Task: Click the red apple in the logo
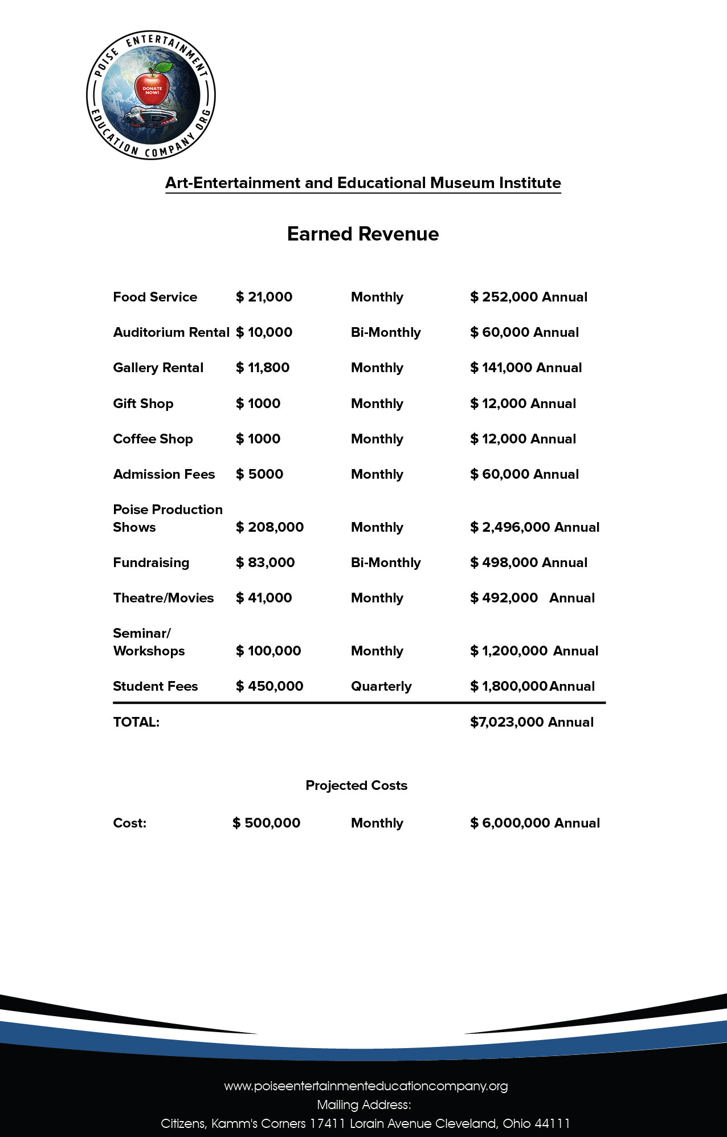[x=152, y=86]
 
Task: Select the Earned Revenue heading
[x=363, y=234]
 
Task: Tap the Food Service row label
[x=155, y=297]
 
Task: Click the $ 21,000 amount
[x=264, y=297]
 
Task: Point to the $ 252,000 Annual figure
[x=528, y=297]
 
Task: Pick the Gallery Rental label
[x=158, y=368]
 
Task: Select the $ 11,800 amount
[x=263, y=368]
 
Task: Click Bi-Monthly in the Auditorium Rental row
[x=386, y=332]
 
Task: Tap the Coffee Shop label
[x=153, y=439]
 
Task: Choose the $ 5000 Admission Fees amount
[x=259, y=474]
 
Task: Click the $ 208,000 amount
[x=269, y=527]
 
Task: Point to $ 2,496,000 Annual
[x=534, y=527]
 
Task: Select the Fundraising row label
[x=151, y=563]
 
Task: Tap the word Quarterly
[x=381, y=686]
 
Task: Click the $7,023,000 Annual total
[x=532, y=722]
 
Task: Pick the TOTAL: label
[x=136, y=722]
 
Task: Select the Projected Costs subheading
[x=357, y=785]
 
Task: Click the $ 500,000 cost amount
[x=266, y=823]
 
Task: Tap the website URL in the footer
[x=366, y=1086]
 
